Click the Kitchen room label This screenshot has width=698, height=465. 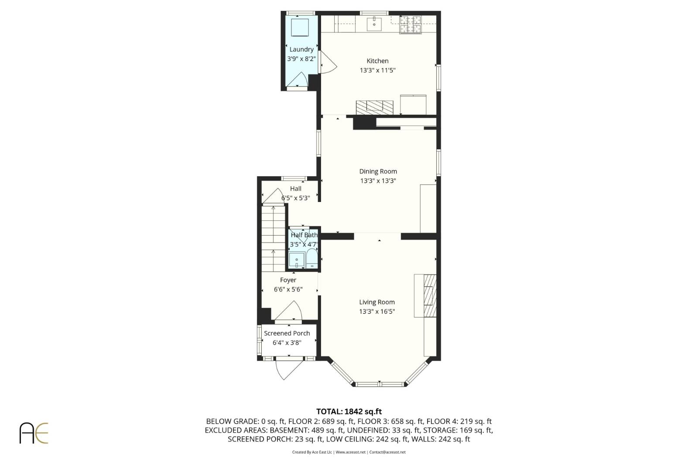(x=377, y=61)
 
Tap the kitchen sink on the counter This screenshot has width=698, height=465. (x=374, y=24)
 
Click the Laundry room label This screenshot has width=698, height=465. (x=301, y=50)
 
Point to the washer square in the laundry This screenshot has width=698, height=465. (x=300, y=27)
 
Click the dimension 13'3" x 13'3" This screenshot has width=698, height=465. (x=378, y=181)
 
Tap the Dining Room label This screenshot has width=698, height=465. (x=378, y=171)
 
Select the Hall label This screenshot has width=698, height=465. (x=296, y=189)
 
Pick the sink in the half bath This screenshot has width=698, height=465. (x=297, y=260)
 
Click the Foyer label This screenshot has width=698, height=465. (x=288, y=280)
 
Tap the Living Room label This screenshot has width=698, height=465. (x=377, y=302)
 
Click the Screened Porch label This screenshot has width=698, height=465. (x=287, y=333)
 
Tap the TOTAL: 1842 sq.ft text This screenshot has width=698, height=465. (x=349, y=411)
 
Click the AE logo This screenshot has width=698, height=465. (x=34, y=433)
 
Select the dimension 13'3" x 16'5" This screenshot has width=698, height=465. (x=377, y=312)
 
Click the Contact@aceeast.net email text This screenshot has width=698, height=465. (x=387, y=452)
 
